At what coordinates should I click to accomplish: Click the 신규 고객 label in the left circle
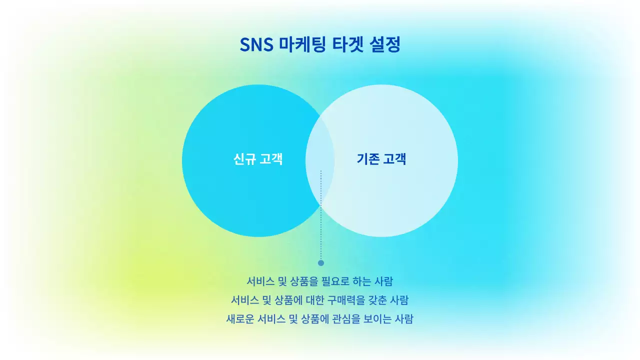(258, 159)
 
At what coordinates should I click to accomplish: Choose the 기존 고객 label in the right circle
(381, 159)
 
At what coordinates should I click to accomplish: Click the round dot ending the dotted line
(321, 263)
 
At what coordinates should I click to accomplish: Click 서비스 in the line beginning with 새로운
(270, 319)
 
